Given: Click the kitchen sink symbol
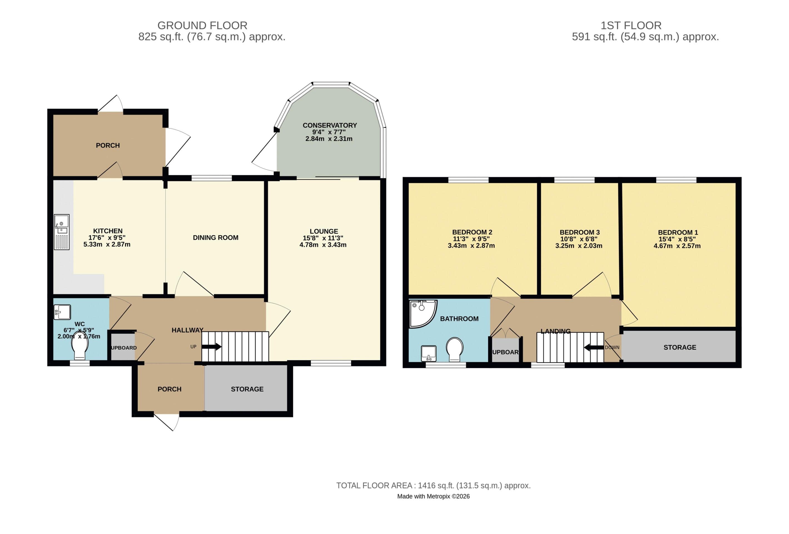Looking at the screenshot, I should point(62,232).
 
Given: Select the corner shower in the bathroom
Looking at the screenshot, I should point(421,313).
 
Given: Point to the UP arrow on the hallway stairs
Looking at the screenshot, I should point(212,347).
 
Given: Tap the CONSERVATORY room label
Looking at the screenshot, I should point(330,125).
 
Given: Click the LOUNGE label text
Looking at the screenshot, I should point(323,231).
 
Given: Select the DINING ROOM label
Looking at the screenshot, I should point(216,238).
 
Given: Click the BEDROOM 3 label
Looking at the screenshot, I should point(579,232).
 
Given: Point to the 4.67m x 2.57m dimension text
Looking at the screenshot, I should point(677,246).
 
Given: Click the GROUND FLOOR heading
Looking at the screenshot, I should point(202,26).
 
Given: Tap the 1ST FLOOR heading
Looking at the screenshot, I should point(631,26).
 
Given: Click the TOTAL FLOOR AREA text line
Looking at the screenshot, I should point(433,485).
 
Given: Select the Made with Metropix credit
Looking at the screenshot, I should point(433,496).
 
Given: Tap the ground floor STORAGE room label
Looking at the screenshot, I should point(247,389).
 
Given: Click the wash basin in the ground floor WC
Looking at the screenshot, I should point(62,312).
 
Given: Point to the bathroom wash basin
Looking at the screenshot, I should point(429,353).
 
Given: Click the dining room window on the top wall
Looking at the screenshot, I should point(211,178).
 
